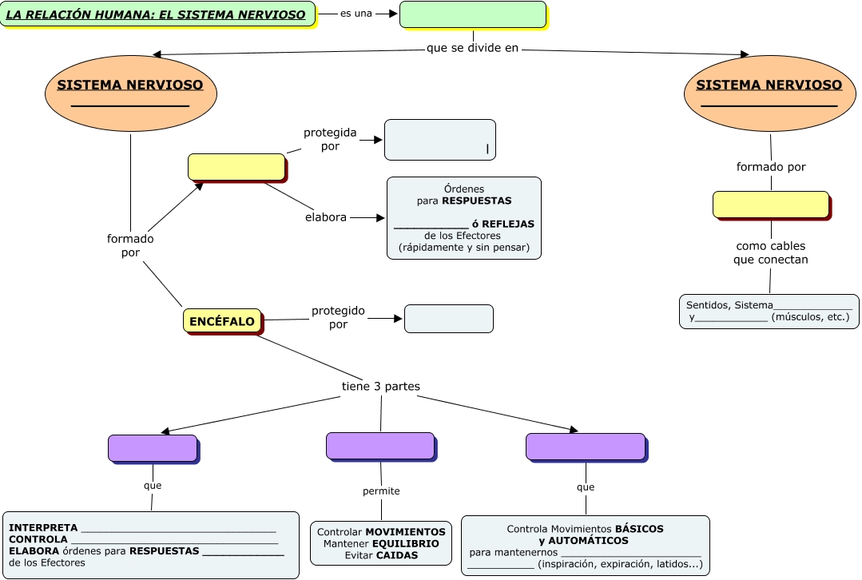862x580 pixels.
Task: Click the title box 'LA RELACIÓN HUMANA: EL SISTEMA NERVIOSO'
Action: (x=157, y=14)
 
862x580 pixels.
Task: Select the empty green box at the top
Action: (x=473, y=14)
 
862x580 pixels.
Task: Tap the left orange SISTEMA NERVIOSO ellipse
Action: (x=130, y=93)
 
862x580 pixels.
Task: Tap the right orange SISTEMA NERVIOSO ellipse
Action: (x=769, y=93)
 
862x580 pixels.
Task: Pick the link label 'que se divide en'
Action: (x=473, y=48)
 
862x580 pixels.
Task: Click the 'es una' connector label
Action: (x=356, y=14)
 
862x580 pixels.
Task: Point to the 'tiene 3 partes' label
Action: (x=381, y=387)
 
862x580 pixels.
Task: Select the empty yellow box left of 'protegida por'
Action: (x=236, y=167)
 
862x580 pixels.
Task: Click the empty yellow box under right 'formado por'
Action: (x=771, y=205)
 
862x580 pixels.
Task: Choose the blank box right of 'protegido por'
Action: (x=448, y=318)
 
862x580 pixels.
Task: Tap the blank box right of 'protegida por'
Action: (x=440, y=140)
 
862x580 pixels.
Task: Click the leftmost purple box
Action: (x=153, y=448)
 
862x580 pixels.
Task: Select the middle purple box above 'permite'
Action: (x=380, y=446)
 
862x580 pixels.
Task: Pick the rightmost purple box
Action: (x=586, y=447)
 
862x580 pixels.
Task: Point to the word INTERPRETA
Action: (x=43, y=528)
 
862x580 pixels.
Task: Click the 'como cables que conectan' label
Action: (x=771, y=252)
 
